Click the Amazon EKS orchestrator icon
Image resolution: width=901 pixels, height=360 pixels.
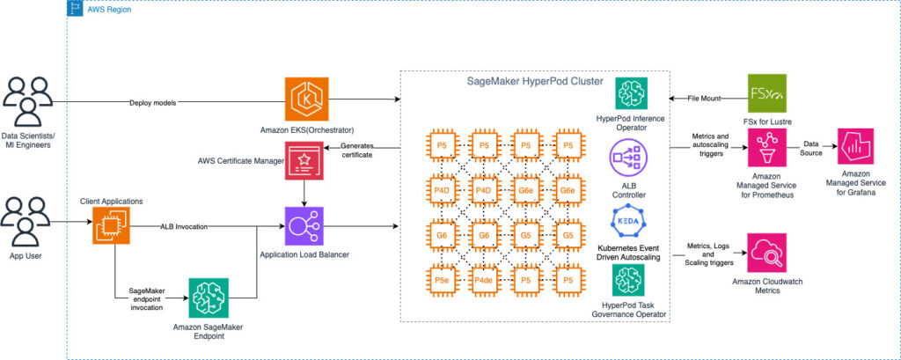tap(306, 99)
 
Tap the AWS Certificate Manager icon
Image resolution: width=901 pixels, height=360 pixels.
tap(304, 160)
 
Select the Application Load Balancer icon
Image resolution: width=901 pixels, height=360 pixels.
tap(304, 226)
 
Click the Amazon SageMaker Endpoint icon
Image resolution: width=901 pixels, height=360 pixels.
tap(208, 298)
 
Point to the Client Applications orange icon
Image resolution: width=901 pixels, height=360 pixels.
tap(111, 226)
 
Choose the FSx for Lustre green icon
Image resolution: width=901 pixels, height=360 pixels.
tap(767, 93)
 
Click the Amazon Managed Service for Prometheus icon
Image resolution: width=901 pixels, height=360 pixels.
tap(767, 148)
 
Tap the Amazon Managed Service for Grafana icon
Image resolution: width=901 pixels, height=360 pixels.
tap(855, 148)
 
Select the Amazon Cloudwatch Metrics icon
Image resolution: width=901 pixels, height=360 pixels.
tap(766, 253)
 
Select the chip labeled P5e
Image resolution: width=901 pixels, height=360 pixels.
tap(442, 280)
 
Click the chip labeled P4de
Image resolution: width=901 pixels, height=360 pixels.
tap(483, 280)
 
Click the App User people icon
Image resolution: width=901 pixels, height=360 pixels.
tap(26, 222)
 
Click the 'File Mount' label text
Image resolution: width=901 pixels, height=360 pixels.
tap(705, 99)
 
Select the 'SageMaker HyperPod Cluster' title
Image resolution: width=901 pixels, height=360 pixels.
tap(535, 82)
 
